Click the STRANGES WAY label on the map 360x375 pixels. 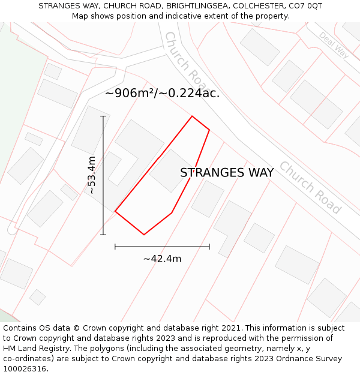(227, 173)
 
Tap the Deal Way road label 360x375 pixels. (334, 45)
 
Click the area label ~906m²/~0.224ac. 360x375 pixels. (162, 93)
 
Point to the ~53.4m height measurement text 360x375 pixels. (91, 175)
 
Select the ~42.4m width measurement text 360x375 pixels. (162, 259)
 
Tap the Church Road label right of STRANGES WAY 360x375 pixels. (310, 187)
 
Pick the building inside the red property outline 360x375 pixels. (170, 170)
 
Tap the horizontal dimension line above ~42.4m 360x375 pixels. (162, 246)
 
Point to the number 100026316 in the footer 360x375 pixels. (25, 369)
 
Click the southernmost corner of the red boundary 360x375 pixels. (144, 235)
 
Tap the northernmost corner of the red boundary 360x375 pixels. (192, 116)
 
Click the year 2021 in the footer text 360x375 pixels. (231, 328)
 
